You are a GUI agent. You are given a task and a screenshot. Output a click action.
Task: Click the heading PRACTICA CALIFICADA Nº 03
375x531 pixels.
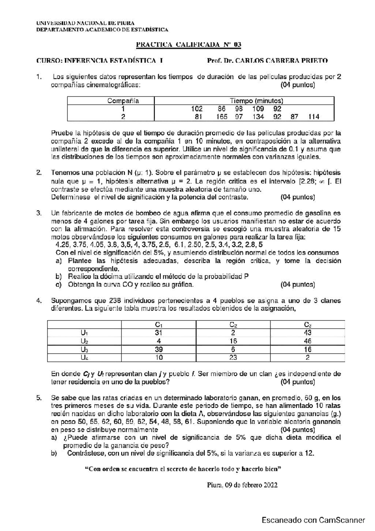[188, 44]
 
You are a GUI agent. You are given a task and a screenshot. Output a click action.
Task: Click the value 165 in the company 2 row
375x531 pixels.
[222, 117]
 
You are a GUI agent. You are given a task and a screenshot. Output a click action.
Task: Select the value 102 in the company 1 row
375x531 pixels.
[197, 109]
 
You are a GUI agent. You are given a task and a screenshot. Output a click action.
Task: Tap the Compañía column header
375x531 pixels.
[123, 101]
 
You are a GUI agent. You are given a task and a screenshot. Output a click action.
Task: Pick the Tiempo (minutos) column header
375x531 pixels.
[257, 101]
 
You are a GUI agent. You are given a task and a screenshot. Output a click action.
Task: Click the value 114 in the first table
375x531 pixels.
[313, 117]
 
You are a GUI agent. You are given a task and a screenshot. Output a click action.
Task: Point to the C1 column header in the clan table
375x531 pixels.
[158, 325]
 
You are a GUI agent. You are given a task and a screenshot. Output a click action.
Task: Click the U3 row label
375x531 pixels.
[84, 349]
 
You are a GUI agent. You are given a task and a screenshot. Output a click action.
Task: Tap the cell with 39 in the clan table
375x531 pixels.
[158, 349]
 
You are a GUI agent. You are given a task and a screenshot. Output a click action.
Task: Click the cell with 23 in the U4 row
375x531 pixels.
[233, 357]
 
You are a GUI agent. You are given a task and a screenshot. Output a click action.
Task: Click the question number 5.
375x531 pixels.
[39, 398]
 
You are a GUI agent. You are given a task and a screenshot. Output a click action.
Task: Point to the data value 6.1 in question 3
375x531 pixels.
[179, 245]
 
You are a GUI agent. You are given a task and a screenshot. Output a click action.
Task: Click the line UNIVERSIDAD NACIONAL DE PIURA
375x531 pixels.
[85, 23]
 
